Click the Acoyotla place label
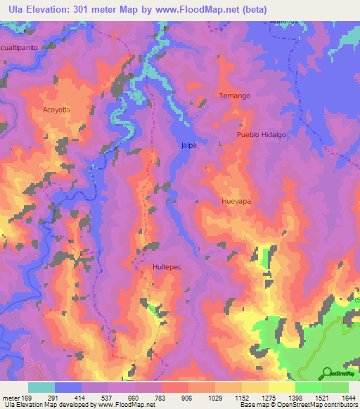[56, 110]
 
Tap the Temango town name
[234, 96]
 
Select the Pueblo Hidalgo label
[262, 135]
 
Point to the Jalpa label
[188, 145]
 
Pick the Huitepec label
[167, 267]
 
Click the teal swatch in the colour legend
[41, 387]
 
